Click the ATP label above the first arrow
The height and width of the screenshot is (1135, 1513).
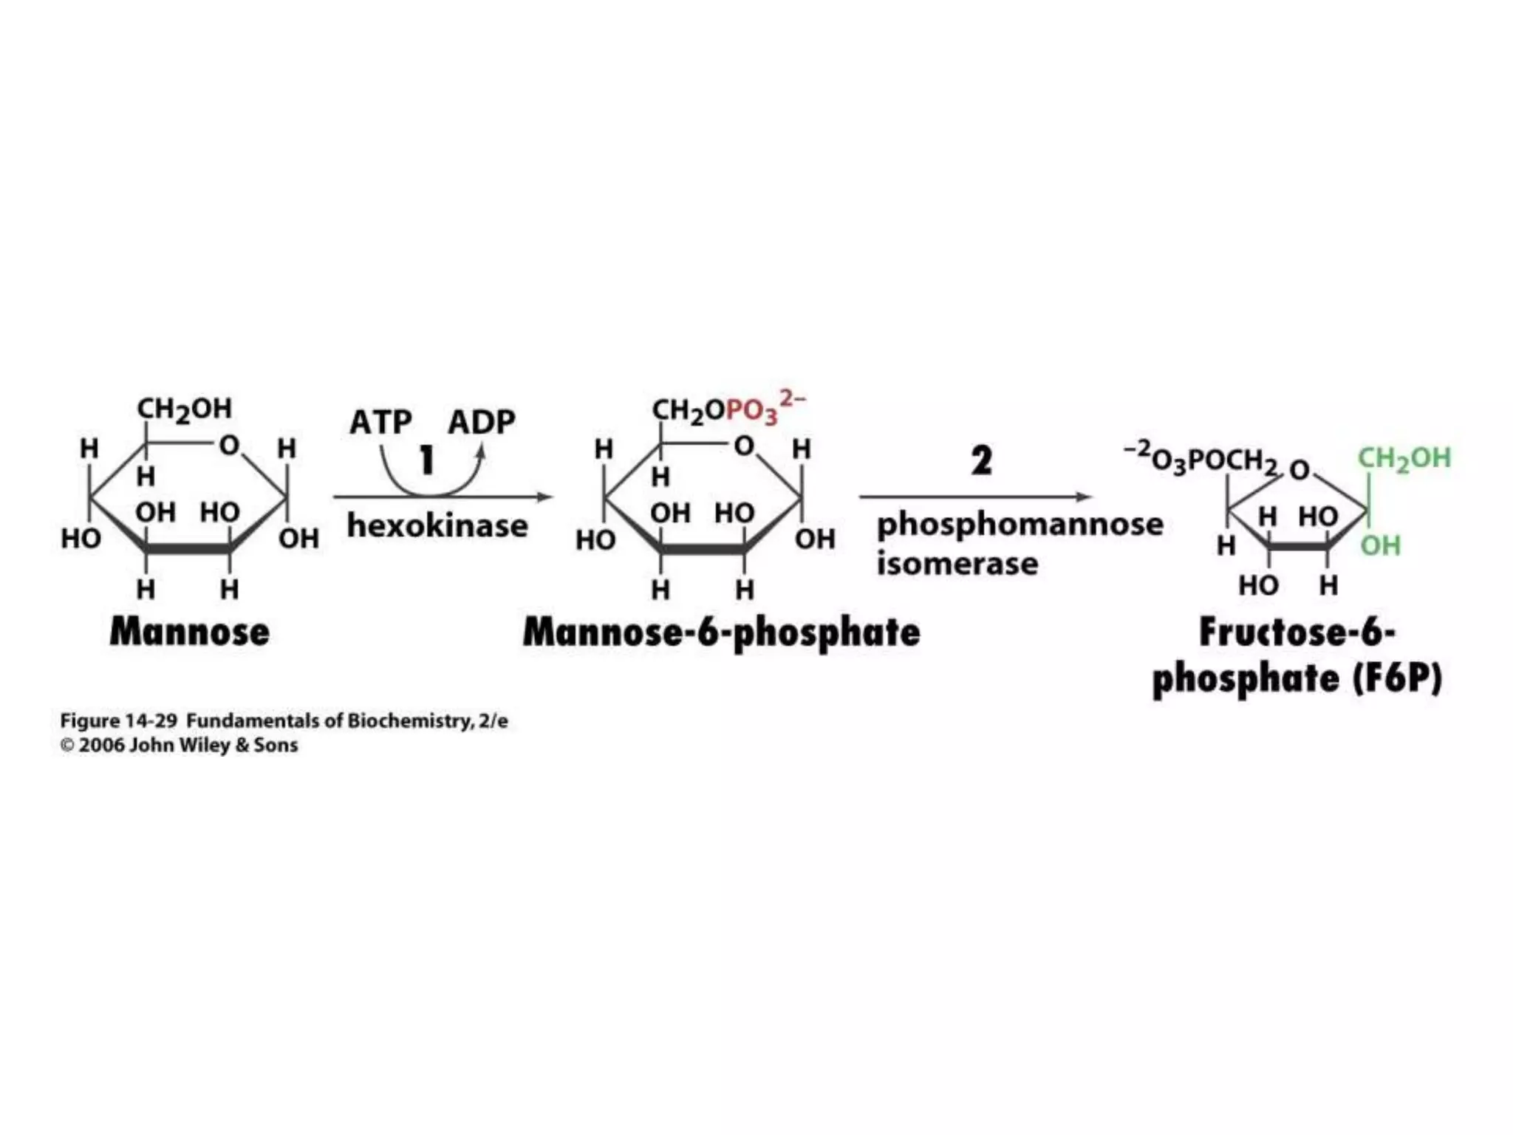coord(380,423)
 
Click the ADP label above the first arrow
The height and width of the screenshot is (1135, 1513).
coord(481,423)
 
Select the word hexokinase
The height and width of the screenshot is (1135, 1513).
coord(437,526)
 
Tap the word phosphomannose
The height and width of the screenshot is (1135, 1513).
coord(1020,525)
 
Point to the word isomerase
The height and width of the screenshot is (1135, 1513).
coord(957,564)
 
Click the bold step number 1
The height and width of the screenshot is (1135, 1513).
coord(426,460)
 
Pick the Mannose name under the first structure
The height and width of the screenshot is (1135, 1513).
coord(190,633)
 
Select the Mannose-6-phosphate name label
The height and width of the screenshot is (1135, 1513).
coord(721,633)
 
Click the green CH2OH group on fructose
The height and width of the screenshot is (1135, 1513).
coord(1404,458)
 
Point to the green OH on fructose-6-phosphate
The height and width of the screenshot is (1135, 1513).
coord(1380,546)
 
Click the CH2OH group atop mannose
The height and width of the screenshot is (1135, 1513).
coord(185,409)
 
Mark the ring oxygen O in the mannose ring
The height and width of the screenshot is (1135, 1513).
coord(229,446)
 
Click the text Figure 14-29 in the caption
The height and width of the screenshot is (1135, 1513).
coord(119,720)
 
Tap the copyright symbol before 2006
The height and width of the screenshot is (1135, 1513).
coord(67,746)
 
